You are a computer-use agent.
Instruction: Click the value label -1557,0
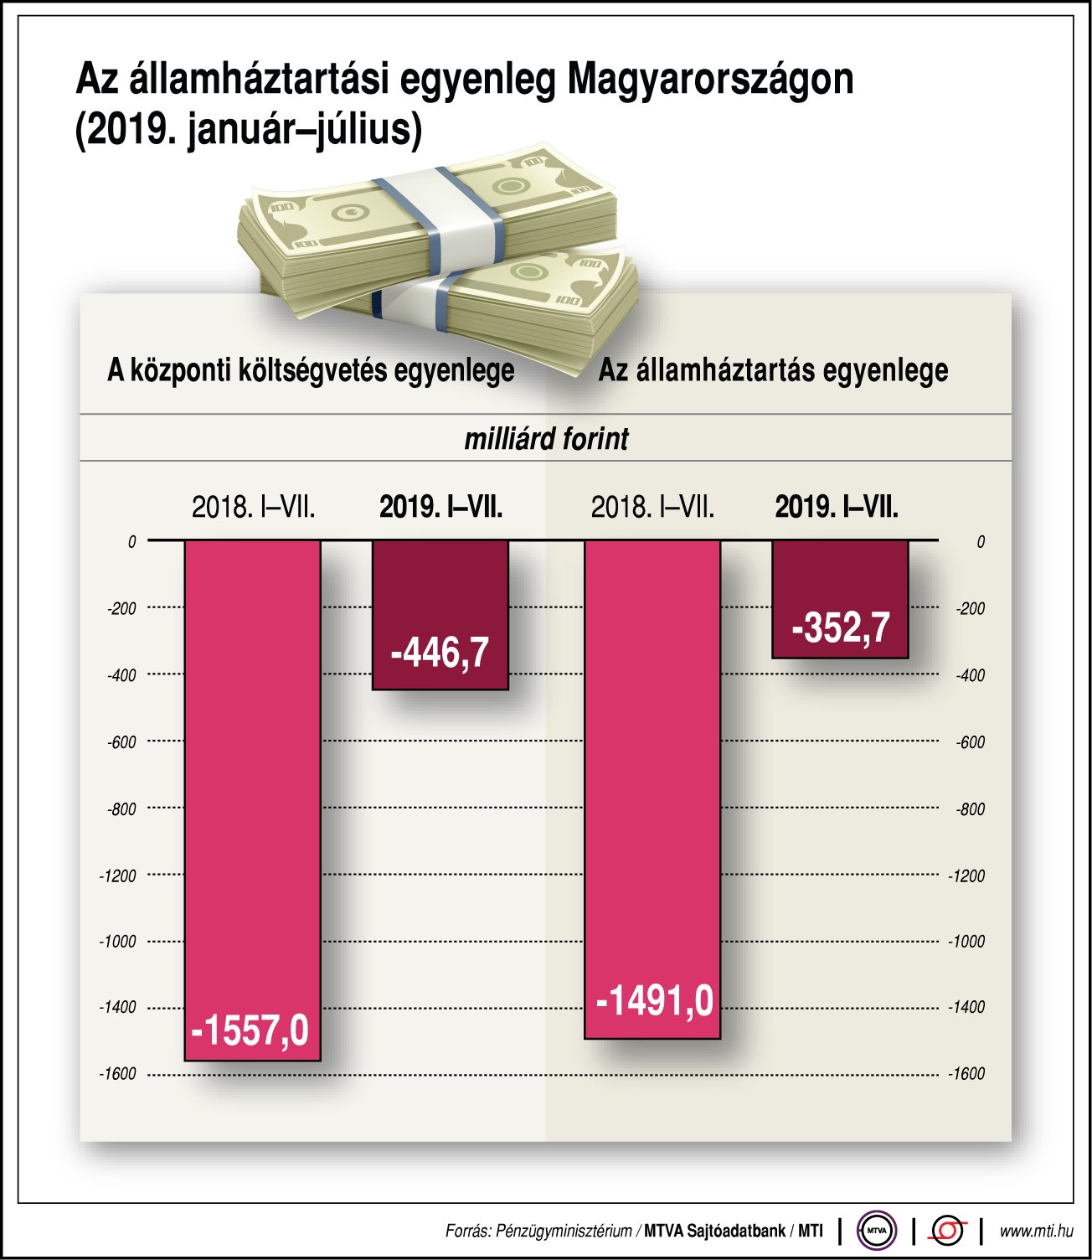coord(250,1030)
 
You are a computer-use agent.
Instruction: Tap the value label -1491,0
coord(654,1001)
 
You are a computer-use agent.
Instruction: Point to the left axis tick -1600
coord(117,1074)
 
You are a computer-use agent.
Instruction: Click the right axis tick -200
coord(970,608)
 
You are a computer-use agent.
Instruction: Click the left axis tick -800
coord(121,809)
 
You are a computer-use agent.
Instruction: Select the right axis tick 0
coord(980,542)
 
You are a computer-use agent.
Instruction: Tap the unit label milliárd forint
coord(546,439)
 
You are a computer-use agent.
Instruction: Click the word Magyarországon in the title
coord(710,80)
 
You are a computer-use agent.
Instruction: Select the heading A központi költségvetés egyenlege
coord(311,370)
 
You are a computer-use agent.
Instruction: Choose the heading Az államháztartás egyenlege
coord(772,370)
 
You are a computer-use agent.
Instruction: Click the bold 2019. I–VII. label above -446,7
coord(440,507)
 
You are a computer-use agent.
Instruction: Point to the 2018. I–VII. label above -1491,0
coord(652,507)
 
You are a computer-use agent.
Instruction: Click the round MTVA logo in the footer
coord(876,1231)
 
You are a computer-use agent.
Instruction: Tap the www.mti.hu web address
coord(1036,1231)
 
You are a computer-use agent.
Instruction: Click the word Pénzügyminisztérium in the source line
coord(564,1231)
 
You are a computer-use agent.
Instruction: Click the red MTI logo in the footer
coord(947,1231)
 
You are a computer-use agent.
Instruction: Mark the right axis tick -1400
coord(966,1007)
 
